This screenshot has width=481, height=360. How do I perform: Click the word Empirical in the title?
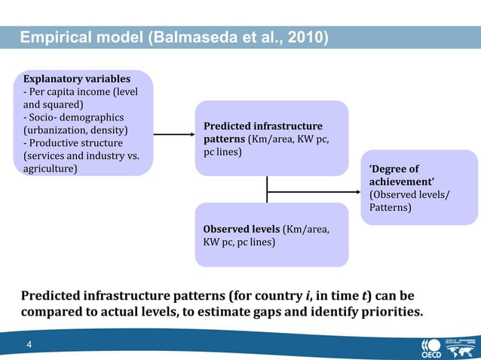54,37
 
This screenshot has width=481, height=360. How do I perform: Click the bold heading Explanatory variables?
77,78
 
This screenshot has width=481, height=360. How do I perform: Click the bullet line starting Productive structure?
70,143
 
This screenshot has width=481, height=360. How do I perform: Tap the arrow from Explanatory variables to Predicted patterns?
173,136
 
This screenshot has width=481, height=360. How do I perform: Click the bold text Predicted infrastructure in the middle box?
262,126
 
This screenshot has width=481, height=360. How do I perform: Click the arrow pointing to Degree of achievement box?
317,191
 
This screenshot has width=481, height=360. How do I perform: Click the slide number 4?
29,345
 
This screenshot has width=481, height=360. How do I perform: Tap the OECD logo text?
435,349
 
